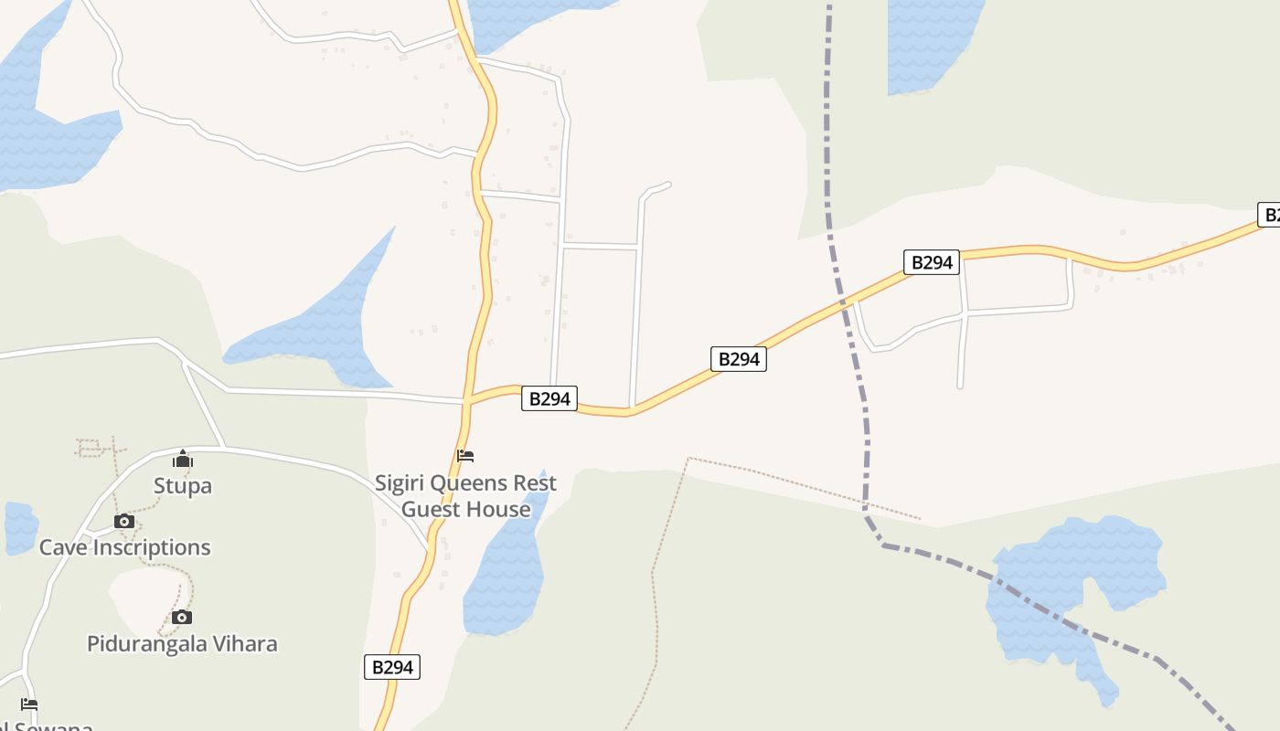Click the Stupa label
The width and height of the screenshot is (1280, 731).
coord(183,485)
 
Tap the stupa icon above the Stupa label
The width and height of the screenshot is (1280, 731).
coord(183,458)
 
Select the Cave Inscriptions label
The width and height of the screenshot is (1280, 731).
coord(124,547)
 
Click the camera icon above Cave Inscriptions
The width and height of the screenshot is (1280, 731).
coord(123,522)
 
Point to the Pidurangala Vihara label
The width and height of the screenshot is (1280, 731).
coord(182,643)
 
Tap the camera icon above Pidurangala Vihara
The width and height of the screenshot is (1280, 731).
coord(182,618)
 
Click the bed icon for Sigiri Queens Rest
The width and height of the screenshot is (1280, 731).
coord(465,456)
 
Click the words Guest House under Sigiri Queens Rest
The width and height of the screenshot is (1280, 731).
coord(466,509)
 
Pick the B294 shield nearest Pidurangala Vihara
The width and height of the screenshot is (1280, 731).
coord(393,667)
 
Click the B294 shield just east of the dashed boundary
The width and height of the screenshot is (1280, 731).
coord(932,262)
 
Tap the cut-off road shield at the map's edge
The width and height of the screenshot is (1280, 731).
coord(1270,215)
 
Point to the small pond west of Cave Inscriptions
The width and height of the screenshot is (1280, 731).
coord(19,527)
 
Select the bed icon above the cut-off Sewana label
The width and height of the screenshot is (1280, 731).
coord(29,705)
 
